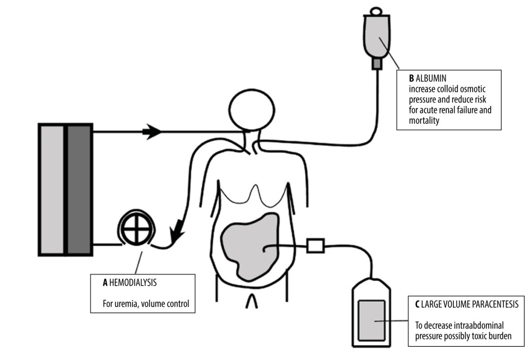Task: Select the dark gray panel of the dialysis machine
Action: pos(80,190)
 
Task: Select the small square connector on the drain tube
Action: pos(315,246)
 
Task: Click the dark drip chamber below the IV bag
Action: pos(376,64)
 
